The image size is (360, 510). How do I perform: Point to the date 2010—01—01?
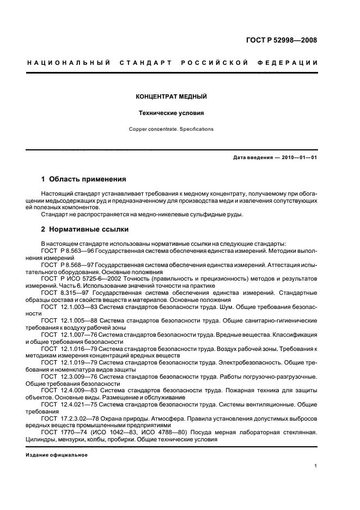[x=297, y=158]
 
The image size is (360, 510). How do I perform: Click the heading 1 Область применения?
[x=84, y=179]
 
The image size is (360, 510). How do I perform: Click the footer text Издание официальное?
[x=57, y=455]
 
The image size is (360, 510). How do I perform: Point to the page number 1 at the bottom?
[x=316, y=466]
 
